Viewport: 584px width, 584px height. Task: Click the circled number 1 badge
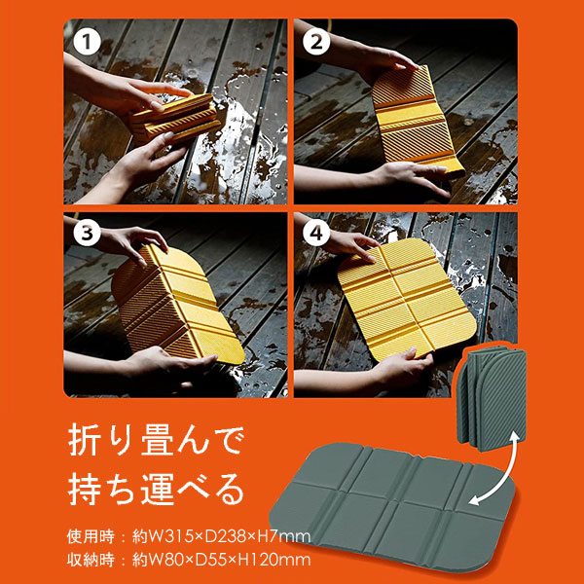coord(87,42)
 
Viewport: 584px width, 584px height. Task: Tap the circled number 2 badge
coord(316,42)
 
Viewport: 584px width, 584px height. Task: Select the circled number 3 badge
coord(87,234)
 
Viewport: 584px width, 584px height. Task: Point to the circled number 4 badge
coord(316,234)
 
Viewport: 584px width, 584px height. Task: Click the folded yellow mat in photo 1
coord(174,119)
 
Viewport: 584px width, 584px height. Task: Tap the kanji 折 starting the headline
coord(84,442)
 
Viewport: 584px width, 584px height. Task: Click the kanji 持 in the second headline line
coord(84,489)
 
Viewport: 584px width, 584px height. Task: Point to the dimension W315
coord(169,536)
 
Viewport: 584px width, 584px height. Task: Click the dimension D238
coord(225,536)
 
